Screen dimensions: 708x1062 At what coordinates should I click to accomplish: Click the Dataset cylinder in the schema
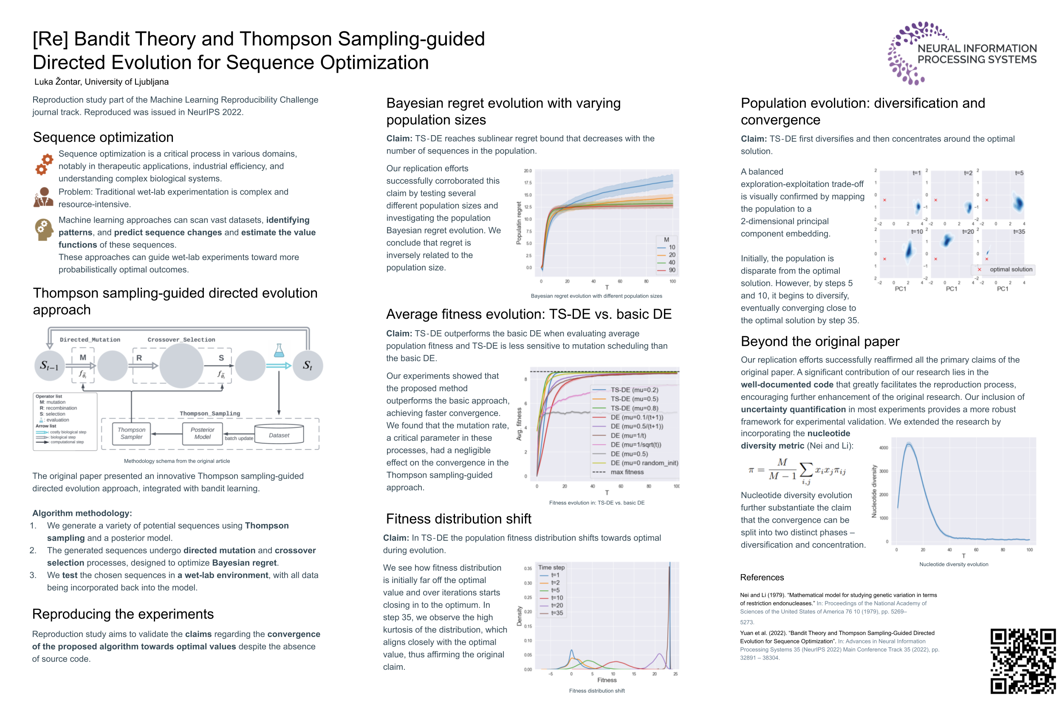(279, 434)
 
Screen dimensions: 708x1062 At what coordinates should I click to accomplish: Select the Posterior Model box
(202, 433)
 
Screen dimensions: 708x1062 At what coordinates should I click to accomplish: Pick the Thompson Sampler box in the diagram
(131, 433)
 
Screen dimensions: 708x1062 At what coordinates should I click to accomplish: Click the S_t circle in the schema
(308, 365)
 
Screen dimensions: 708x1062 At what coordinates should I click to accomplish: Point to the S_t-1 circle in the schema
(49, 365)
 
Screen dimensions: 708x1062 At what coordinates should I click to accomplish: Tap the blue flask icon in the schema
(279, 350)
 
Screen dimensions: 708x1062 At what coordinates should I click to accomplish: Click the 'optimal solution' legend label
(1010, 269)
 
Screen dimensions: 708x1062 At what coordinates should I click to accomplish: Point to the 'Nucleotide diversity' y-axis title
(874, 491)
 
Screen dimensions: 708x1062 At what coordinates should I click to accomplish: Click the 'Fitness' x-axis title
(607, 680)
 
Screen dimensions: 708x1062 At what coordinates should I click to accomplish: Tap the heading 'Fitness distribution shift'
(458, 519)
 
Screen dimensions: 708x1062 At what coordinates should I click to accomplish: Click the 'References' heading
(761, 577)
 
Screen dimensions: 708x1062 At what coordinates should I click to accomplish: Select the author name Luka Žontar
(101, 82)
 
